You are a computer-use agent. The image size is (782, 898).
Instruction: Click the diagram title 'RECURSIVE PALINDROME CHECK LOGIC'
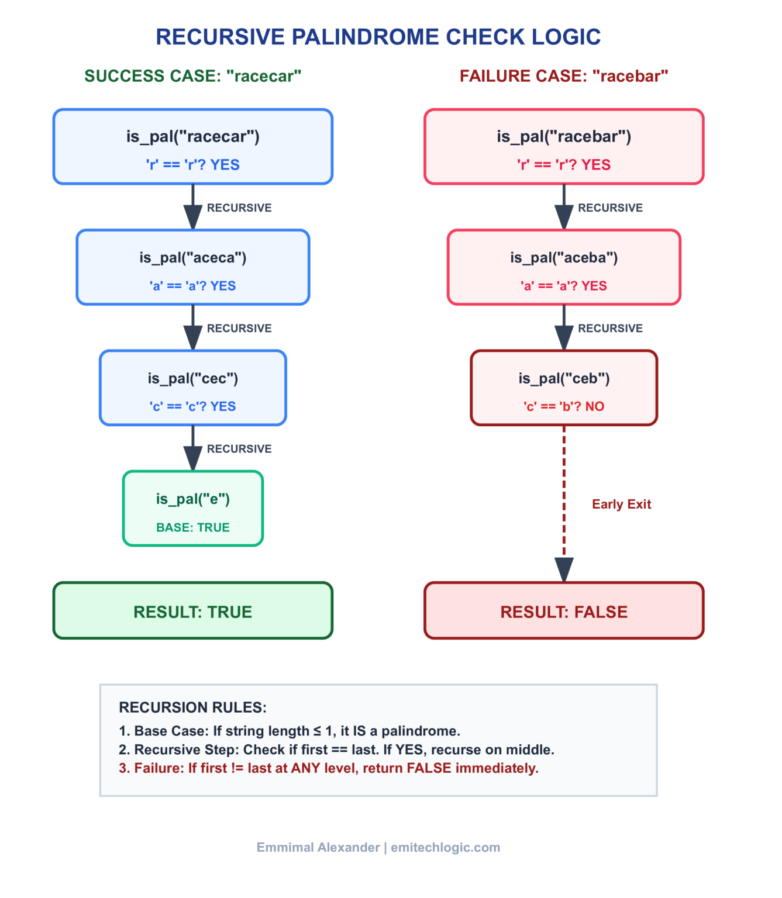[x=378, y=37]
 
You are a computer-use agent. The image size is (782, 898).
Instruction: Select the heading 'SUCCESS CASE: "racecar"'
[x=192, y=76]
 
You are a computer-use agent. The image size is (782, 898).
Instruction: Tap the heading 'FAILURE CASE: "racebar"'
[x=563, y=76]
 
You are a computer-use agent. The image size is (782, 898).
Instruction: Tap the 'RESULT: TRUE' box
[x=192, y=612]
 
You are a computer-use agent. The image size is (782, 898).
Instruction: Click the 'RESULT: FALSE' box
[x=563, y=612]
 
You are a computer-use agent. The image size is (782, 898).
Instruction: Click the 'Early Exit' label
[x=621, y=504]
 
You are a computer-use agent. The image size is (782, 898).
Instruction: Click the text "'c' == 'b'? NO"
[x=563, y=406]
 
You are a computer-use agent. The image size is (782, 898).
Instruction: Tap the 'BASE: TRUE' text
[x=192, y=527]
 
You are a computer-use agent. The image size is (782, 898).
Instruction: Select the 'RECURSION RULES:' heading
[x=192, y=707]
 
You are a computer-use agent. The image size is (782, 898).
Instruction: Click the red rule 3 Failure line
[x=328, y=768]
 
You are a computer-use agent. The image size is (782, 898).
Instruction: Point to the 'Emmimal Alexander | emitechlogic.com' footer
[x=378, y=847]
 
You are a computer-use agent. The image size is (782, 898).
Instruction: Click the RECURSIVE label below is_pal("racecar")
[x=239, y=208]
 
